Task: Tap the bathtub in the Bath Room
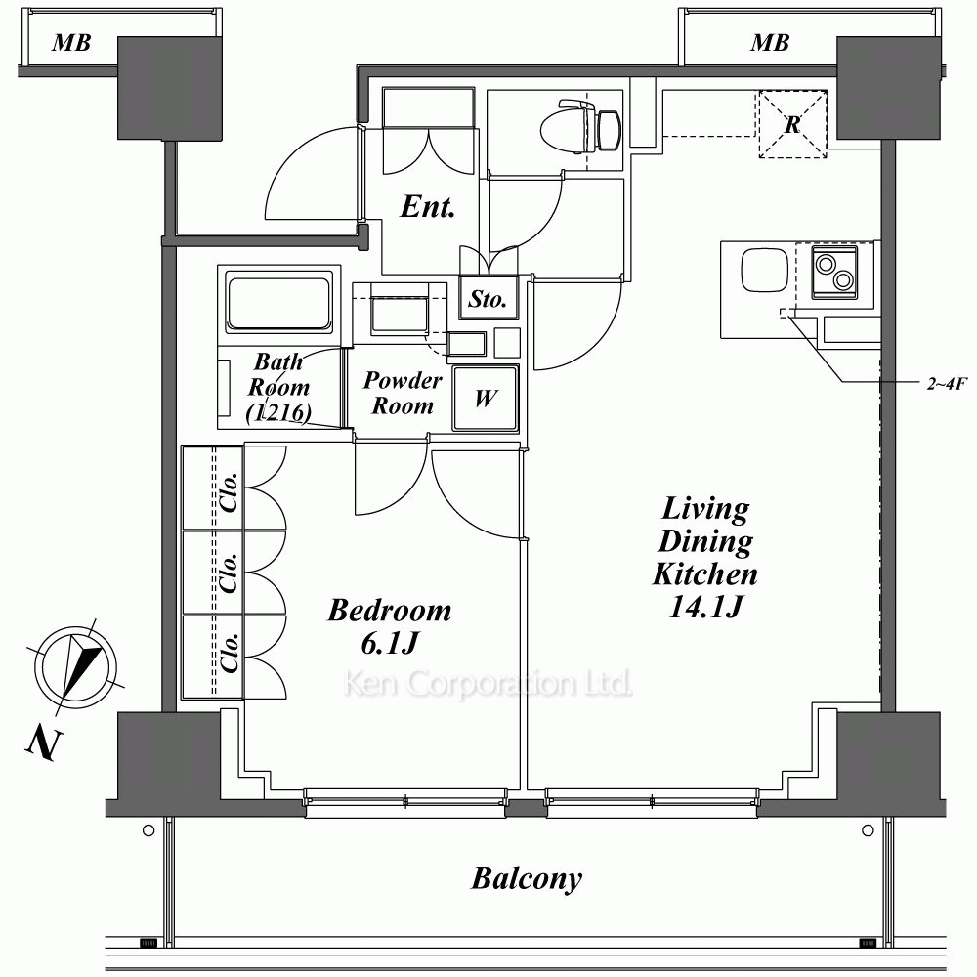pyautogui.click(x=278, y=304)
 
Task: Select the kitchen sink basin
pyautogui.click(x=764, y=271)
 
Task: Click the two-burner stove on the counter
pyautogui.click(x=834, y=272)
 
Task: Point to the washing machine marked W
pyautogui.click(x=486, y=399)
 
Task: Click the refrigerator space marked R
pyautogui.click(x=792, y=124)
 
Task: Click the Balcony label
pyautogui.click(x=527, y=878)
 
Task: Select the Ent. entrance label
pyautogui.click(x=428, y=206)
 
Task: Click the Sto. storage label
pyautogui.click(x=487, y=299)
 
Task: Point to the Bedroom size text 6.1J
pyautogui.click(x=389, y=643)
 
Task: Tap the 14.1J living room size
pyautogui.click(x=705, y=607)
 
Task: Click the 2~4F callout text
pyautogui.click(x=947, y=384)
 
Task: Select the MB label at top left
pyautogui.click(x=71, y=42)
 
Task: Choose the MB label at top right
pyautogui.click(x=770, y=42)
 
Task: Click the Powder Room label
pyautogui.click(x=403, y=393)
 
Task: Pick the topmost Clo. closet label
pyautogui.click(x=230, y=492)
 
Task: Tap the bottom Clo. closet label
pyautogui.click(x=230, y=653)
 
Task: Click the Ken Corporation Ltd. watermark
pyautogui.click(x=488, y=684)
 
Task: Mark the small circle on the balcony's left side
pyautogui.click(x=149, y=830)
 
